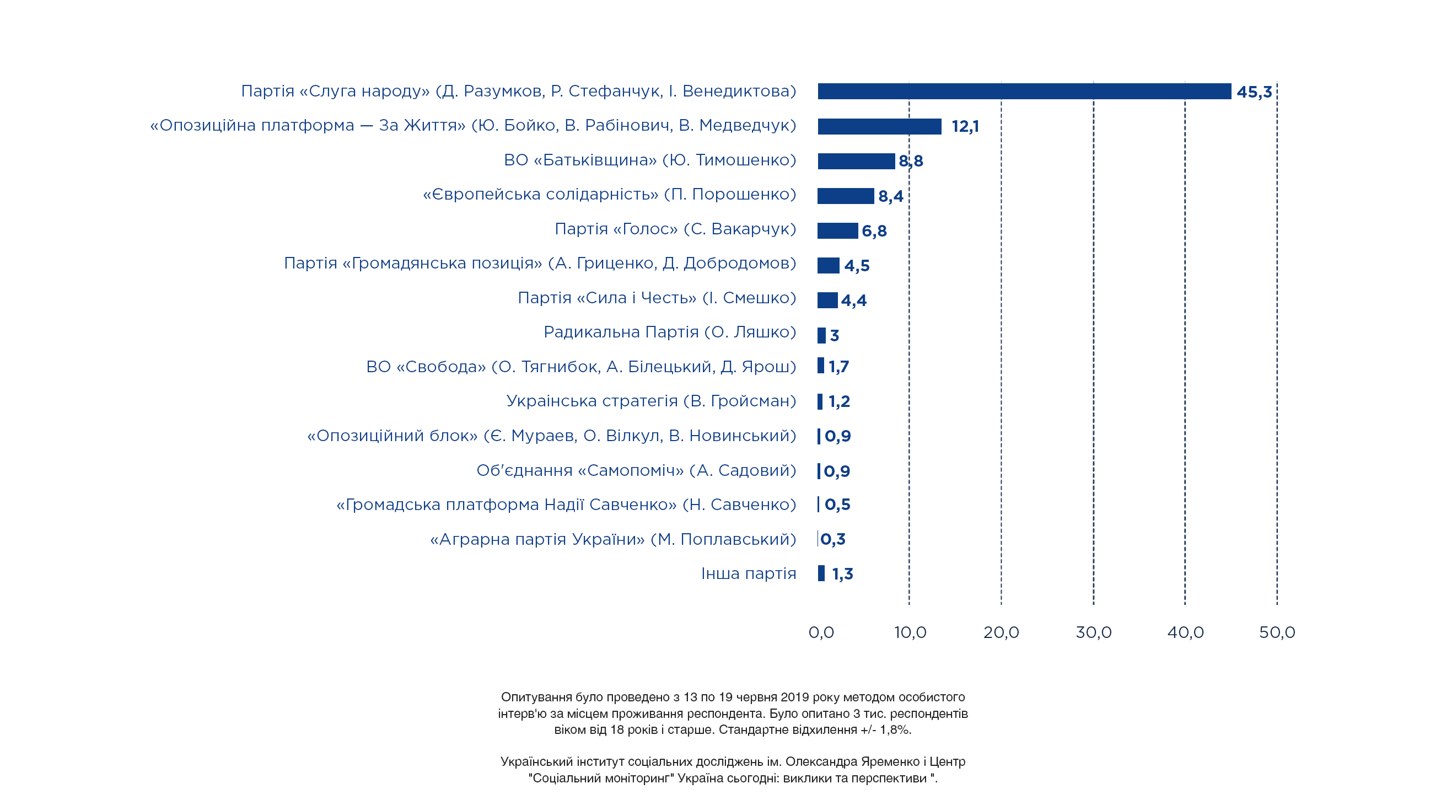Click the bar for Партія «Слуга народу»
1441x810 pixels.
(1024, 91)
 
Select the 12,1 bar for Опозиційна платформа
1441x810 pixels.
(879, 126)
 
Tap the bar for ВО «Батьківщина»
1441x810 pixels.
(856, 161)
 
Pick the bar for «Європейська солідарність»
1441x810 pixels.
(845, 196)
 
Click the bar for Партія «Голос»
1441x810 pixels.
(837, 230)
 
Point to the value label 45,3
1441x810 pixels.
(1254, 92)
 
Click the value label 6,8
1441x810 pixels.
(874, 231)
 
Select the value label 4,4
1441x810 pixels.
(854, 301)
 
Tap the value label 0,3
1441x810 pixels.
(833, 539)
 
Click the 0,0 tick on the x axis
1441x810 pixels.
(821, 632)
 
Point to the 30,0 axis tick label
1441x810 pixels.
(1094, 632)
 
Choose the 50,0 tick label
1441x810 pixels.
(1277, 632)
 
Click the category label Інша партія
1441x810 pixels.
(749, 573)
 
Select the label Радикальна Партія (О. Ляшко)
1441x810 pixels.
(670, 332)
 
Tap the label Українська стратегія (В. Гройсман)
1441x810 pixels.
(651, 401)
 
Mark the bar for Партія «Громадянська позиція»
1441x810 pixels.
(829, 266)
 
